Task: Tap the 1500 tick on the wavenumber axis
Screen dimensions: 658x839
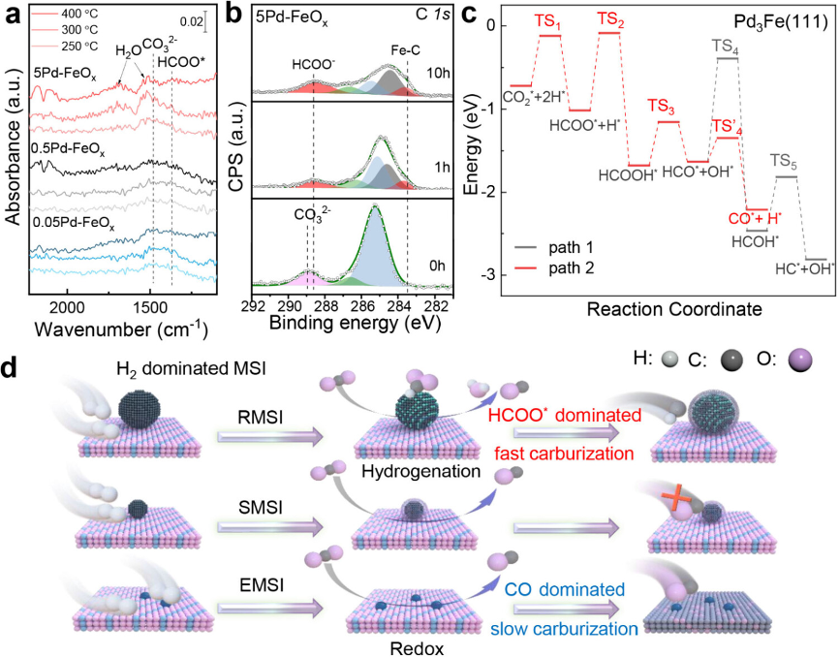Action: (151, 307)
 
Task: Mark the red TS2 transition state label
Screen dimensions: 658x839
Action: (610, 18)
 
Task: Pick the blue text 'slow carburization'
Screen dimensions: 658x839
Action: (573, 629)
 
